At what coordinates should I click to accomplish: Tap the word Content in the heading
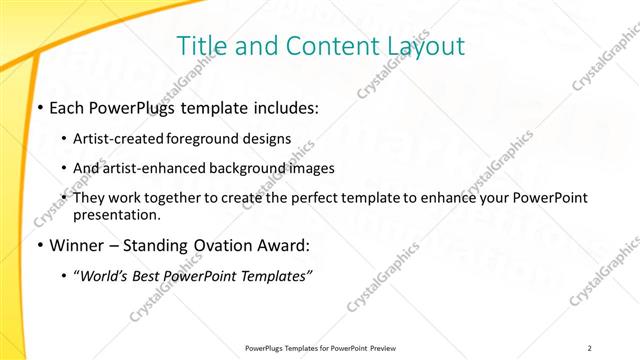click(319, 46)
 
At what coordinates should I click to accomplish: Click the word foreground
click(207, 138)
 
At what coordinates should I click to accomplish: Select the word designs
click(267, 138)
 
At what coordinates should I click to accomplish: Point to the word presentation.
click(116, 214)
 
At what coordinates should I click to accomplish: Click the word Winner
click(76, 245)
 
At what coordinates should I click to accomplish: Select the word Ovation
click(221, 245)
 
